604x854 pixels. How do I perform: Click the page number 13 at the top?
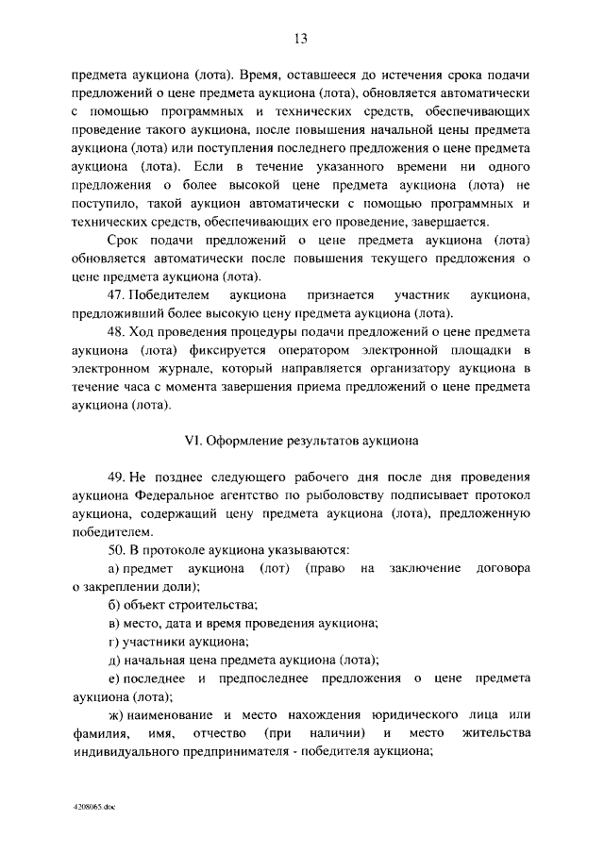[x=301, y=39]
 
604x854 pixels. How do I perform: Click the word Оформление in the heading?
[x=244, y=440]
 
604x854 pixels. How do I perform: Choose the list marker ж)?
[x=116, y=715]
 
